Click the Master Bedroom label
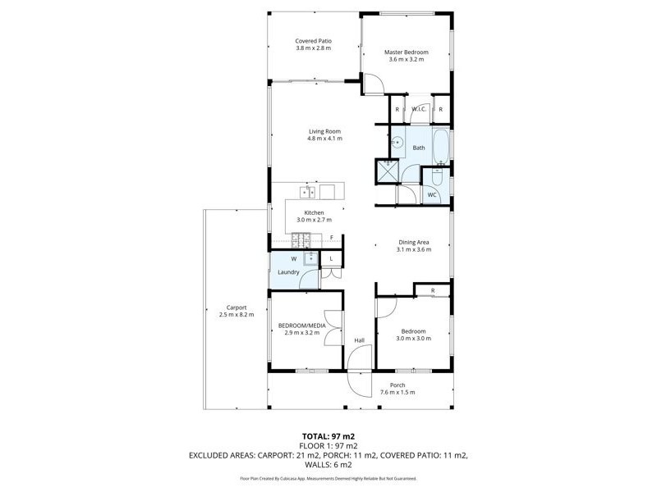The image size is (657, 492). tap(406, 52)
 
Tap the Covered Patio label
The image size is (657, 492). tap(314, 41)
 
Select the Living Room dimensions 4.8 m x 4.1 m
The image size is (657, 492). tap(324, 139)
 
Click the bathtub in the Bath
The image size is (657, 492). tap(441, 147)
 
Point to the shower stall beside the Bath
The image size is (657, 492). tap(388, 171)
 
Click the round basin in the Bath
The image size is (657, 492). tap(397, 143)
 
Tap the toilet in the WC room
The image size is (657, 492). tap(439, 177)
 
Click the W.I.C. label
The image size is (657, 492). tap(419, 109)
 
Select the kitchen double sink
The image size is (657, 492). tap(308, 192)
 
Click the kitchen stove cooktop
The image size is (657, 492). tap(301, 240)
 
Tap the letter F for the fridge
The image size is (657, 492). tap(332, 238)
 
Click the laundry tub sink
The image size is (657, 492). tap(311, 258)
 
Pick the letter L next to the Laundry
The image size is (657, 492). tap(331, 258)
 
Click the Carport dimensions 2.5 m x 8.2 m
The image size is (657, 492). tap(237, 315)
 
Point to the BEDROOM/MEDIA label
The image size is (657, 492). tap(301, 326)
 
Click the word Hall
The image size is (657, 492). tap(360, 340)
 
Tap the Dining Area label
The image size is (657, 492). tap(414, 242)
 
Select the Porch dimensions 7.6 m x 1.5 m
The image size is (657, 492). tap(397, 393)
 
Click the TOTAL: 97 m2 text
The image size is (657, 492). tap(328, 437)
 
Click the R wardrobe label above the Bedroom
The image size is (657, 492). tap(433, 291)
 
